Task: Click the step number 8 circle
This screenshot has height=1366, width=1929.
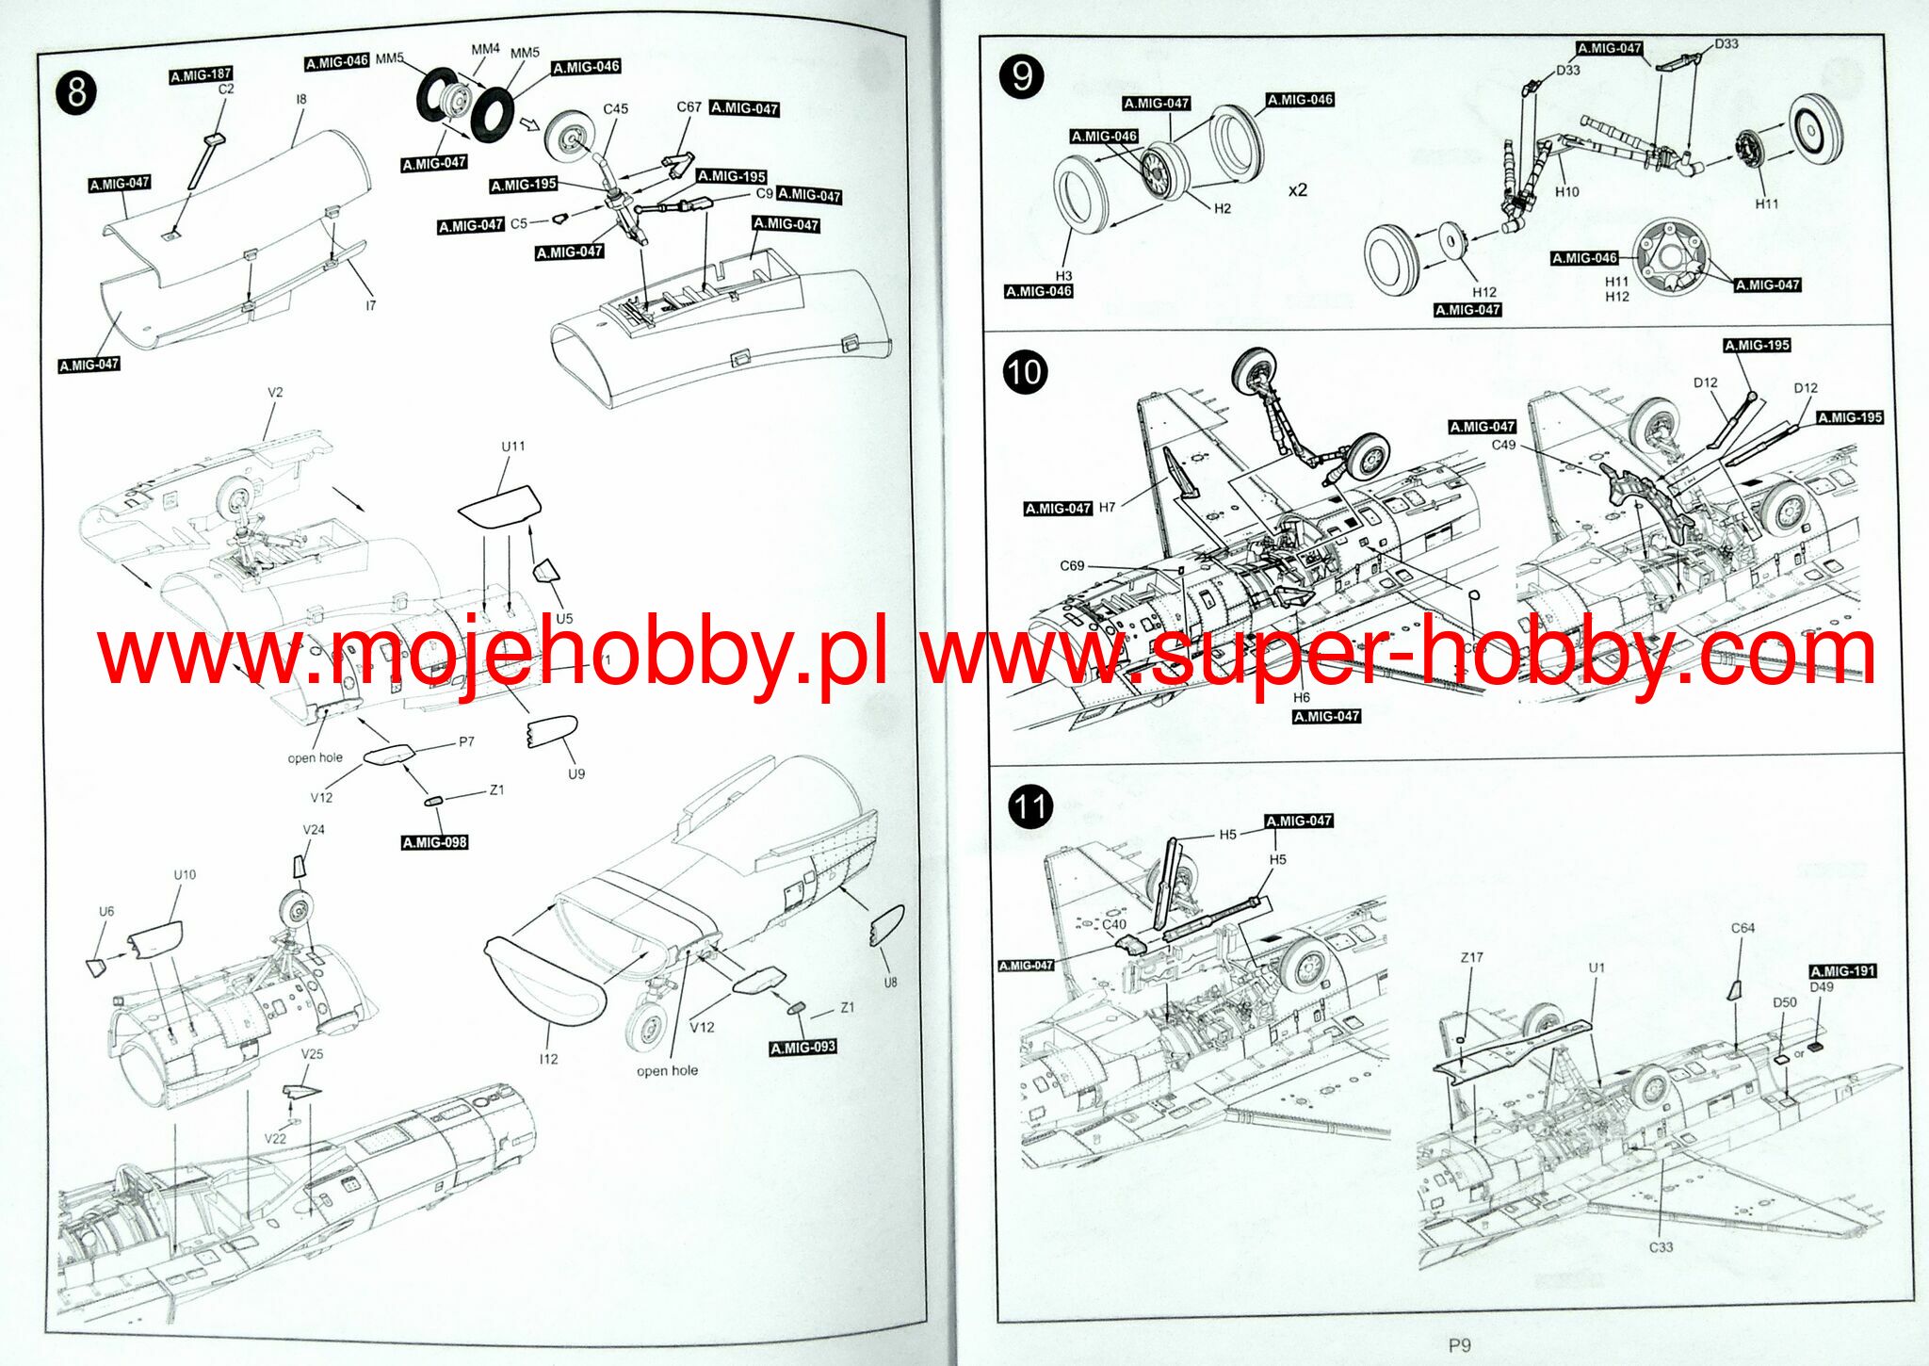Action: (x=76, y=92)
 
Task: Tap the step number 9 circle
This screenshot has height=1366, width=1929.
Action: (x=1022, y=76)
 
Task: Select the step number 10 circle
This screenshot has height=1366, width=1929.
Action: (x=1024, y=371)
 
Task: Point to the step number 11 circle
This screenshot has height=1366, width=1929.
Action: (x=1029, y=807)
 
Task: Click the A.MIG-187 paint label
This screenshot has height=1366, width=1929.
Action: (x=201, y=74)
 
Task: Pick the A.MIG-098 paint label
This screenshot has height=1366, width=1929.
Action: (x=434, y=842)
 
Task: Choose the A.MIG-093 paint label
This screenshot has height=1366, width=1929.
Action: (x=802, y=1048)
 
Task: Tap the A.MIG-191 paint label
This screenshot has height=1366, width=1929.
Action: (x=1842, y=970)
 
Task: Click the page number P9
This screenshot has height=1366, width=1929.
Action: (x=1459, y=1345)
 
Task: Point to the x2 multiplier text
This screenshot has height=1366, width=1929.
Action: (x=1298, y=190)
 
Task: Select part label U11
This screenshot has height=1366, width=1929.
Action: (x=513, y=446)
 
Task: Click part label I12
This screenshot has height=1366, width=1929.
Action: (x=548, y=1059)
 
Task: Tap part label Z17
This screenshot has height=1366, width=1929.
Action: (x=1471, y=957)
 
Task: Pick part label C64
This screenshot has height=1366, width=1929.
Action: (x=1743, y=928)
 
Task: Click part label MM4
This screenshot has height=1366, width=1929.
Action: (x=486, y=48)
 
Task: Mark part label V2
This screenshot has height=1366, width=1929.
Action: (x=275, y=392)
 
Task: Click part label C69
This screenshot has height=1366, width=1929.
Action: (x=1072, y=565)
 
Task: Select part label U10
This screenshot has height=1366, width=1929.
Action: (x=185, y=874)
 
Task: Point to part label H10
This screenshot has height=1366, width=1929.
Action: (x=1566, y=191)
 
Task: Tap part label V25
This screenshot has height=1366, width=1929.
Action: (x=312, y=1053)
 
